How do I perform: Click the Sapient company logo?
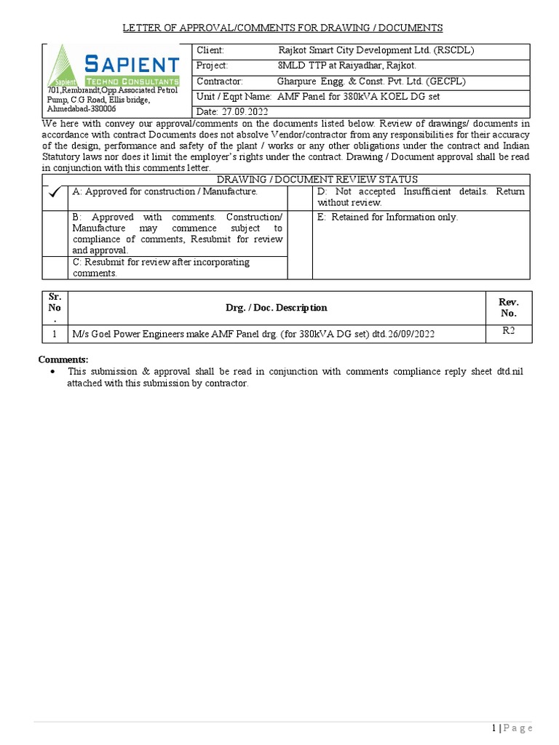[x=113, y=67]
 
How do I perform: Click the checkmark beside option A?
[x=55, y=193]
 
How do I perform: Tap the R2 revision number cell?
[x=508, y=331]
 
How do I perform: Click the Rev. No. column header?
[x=508, y=307]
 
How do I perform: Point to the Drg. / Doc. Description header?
[x=276, y=308]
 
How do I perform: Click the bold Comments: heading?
[x=63, y=359]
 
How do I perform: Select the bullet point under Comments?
[x=52, y=372]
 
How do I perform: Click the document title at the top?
[x=282, y=28]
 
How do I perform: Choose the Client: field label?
[x=210, y=50]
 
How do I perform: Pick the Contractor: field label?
[x=220, y=81]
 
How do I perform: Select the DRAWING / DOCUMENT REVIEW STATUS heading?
[x=318, y=180]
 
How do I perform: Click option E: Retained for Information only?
[x=387, y=217]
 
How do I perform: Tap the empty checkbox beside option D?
[x=300, y=197]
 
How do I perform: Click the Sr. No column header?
[x=55, y=307]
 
